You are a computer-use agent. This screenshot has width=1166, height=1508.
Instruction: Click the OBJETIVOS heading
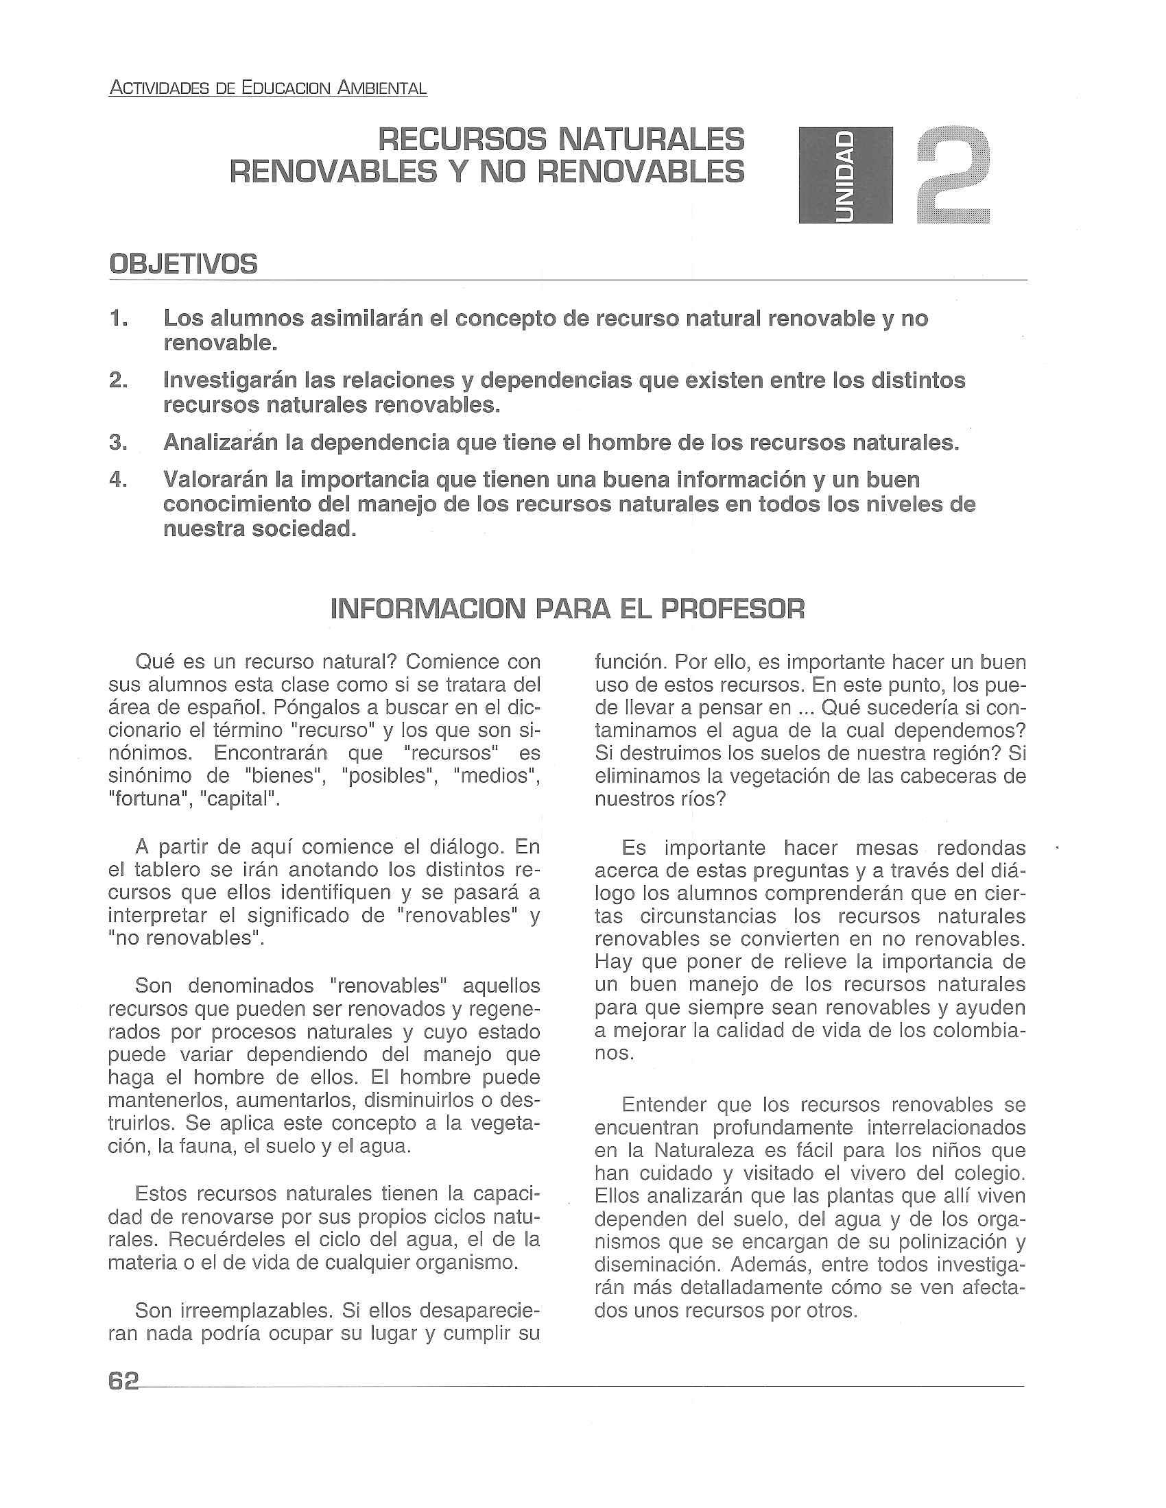click(183, 265)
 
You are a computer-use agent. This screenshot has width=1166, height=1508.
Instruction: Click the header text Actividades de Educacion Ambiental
click(268, 88)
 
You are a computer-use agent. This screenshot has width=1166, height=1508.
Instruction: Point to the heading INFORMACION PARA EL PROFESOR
click(568, 609)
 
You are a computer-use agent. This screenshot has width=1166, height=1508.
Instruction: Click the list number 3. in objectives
click(118, 443)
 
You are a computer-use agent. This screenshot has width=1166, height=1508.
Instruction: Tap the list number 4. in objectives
click(118, 479)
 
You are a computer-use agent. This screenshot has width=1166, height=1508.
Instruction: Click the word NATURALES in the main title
click(652, 140)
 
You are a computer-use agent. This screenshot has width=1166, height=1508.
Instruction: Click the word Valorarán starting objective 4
click(214, 479)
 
